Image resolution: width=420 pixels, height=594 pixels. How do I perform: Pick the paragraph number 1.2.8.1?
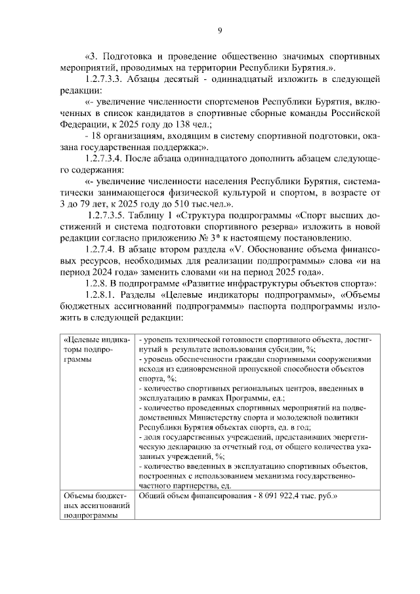pos(104,294)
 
